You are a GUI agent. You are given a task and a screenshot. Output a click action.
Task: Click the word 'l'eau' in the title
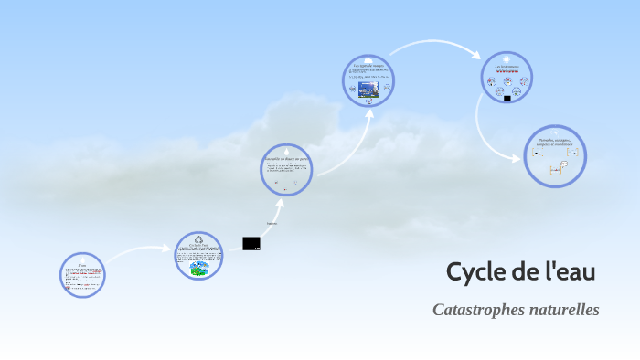pos(570,271)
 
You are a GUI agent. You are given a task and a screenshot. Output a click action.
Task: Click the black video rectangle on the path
pos(251,243)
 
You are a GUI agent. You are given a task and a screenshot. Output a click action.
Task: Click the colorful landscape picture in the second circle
pos(199,269)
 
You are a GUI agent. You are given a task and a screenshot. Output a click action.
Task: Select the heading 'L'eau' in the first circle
pos(82,265)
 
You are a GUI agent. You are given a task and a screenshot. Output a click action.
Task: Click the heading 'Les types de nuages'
pos(368,66)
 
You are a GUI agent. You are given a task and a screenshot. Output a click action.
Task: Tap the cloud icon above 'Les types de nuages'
pos(368,59)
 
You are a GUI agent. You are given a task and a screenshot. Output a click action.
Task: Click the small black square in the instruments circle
pos(507,97)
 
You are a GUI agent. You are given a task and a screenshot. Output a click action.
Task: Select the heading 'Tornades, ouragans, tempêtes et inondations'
pos(555,142)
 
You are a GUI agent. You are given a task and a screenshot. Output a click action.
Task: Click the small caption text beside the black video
pos(272,223)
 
